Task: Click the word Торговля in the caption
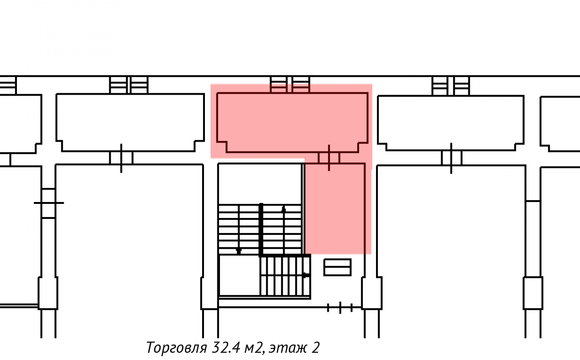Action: pyautogui.click(x=176, y=348)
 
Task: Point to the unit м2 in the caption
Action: pyautogui.click(x=254, y=348)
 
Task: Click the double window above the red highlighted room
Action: pyautogui.click(x=290, y=85)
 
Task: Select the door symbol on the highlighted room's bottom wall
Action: pyautogui.click(x=329, y=158)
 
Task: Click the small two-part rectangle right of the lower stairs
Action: pyautogui.click(x=337, y=267)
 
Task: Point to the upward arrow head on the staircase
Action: pyautogui.click(x=284, y=210)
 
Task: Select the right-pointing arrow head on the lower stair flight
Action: pyautogui.click(x=306, y=275)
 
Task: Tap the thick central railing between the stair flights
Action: pyautogui.click(x=261, y=230)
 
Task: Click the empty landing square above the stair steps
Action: pyautogui.click(x=260, y=184)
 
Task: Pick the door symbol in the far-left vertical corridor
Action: pyautogui.click(x=49, y=203)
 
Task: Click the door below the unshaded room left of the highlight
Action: pyautogui.click(x=121, y=158)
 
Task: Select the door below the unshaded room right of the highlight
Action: pyautogui.click(x=451, y=158)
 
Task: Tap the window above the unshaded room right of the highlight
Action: pyautogui.click(x=451, y=86)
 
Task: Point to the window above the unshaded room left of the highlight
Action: pyautogui.click(x=129, y=85)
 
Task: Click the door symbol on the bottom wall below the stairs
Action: pyautogui.click(x=340, y=308)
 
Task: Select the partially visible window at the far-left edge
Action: pyautogui.click(x=8, y=85)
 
